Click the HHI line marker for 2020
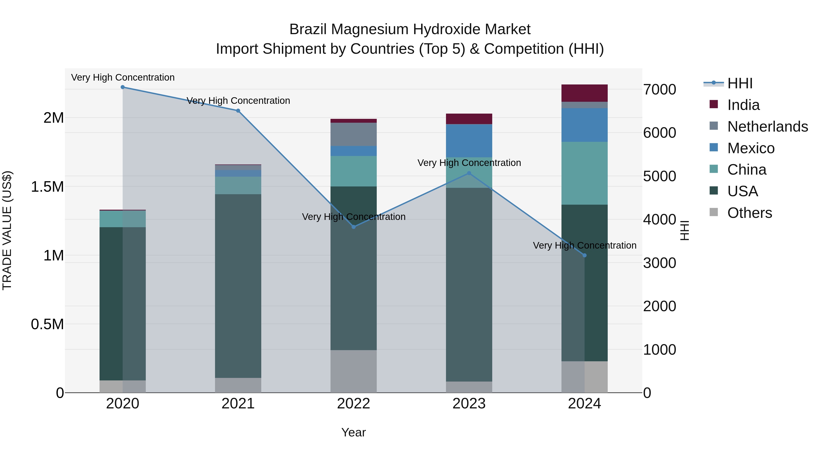click(123, 87)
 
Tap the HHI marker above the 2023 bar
click(469, 173)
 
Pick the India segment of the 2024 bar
click(584, 93)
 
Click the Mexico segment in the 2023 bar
click(469, 141)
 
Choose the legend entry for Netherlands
click(767, 127)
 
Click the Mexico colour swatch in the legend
click(714, 148)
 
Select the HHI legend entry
click(740, 83)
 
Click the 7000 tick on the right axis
click(659, 89)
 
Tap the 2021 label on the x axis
click(238, 404)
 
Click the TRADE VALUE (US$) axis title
click(7, 230)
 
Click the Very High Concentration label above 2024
click(584, 245)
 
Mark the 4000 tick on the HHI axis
click(659, 219)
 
